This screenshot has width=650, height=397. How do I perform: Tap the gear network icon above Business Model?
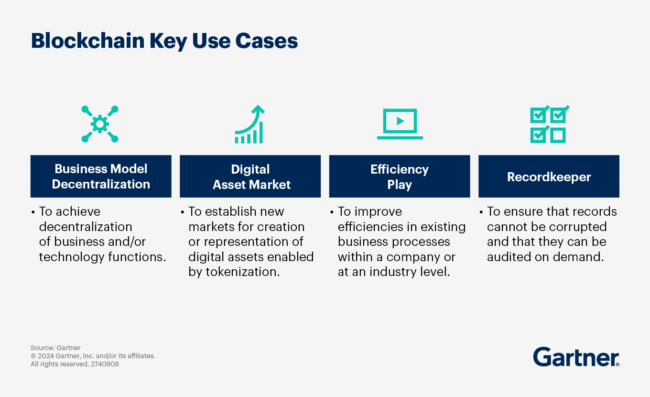click(x=100, y=124)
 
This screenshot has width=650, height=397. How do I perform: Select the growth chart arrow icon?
click(x=249, y=124)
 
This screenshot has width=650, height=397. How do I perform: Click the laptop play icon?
click(x=400, y=124)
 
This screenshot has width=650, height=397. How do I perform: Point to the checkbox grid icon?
click(x=549, y=124)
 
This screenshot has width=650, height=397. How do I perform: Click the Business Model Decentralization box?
click(x=101, y=176)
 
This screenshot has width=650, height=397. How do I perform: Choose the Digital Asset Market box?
click(x=250, y=176)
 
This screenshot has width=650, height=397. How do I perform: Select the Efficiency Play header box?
click(x=400, y=176)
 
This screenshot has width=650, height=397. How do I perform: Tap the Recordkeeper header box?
click(x=549, y=176)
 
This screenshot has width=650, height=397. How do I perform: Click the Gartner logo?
click(x=576, y=357)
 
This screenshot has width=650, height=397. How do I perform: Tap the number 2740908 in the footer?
click(x=105, y=364)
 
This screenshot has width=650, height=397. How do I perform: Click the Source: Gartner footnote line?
click(x=55, y=348)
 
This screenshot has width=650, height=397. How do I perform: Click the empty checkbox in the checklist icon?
click(x=558, y=135)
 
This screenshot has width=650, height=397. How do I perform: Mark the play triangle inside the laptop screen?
click(x=400, y=121)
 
